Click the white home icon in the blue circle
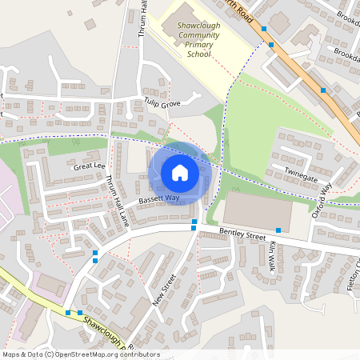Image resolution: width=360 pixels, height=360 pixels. click(x=180, y=173)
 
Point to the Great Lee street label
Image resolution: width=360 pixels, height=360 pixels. click(x=89, y=166)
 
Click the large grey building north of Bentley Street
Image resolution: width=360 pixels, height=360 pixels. click(x=256, y=210)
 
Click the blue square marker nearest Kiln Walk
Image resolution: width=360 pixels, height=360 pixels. click(x=278, y=230)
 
